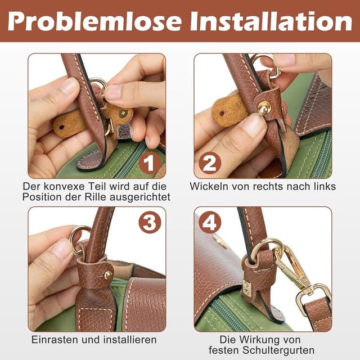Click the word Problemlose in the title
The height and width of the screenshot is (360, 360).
(x=94, y=21)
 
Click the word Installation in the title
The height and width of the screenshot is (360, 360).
(x=271, y=21)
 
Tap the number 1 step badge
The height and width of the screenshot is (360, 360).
(x=150, y=163)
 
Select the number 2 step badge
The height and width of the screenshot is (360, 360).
(x=210, y=163)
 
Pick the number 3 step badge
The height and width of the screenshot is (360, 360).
(x=150, y=222)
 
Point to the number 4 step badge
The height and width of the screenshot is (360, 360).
(x=210, y=222)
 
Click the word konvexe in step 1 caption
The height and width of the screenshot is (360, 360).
(x=64, y=186)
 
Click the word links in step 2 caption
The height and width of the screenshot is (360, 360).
(x=325, y=186)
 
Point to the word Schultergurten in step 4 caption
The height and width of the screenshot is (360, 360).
(x=278, y=350)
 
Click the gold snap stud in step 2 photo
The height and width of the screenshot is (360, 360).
(x=264, y=108)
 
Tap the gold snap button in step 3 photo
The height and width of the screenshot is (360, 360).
(x=108, y=275)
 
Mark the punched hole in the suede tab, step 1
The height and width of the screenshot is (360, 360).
(x=61, y=127)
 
